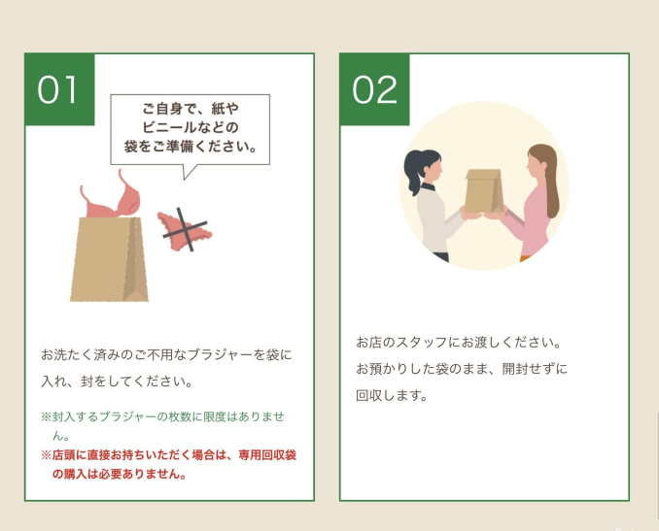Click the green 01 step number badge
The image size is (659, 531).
click(59, 89)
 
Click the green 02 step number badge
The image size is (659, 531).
click(374, 89)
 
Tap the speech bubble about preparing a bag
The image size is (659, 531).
click(190, 130)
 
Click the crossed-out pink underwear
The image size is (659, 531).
click(185, 231)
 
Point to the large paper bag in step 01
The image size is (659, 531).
click(109, 259)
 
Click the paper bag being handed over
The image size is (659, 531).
click(484, 191)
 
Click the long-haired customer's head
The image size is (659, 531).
click(540, 161)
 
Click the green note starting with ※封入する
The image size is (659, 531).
click(162, 426)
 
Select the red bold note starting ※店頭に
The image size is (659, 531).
click(168, 464)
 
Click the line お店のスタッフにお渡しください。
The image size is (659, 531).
click(459, 343)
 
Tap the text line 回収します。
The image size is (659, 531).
click(392, 395)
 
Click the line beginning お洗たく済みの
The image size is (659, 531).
click(166, 355)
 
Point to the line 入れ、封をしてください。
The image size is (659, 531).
click(117, 382)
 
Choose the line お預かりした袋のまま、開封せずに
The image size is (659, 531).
click(462, 369)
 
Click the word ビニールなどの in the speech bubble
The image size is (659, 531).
click(191, 127)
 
